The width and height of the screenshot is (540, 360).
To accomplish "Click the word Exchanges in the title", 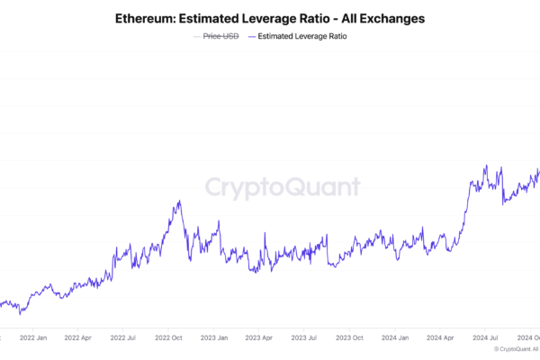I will coord(384,18).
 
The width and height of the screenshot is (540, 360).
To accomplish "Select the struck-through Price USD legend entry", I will coord(220,37).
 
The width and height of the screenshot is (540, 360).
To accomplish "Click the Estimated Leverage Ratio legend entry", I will coord(302,37).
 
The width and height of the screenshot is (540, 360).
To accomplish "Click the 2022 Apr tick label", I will coord(79,338).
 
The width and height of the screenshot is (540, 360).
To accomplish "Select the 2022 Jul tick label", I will coord(123,338).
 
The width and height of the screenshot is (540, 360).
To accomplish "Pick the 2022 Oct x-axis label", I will coord(168,338).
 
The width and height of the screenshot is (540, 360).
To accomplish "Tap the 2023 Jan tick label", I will coord(213,338).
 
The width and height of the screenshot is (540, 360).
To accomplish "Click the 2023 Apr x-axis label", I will coord(257,338).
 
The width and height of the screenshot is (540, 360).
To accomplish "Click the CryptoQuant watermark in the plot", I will coord(282,187).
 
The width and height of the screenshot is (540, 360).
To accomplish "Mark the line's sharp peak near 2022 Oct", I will coord(180,201).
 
